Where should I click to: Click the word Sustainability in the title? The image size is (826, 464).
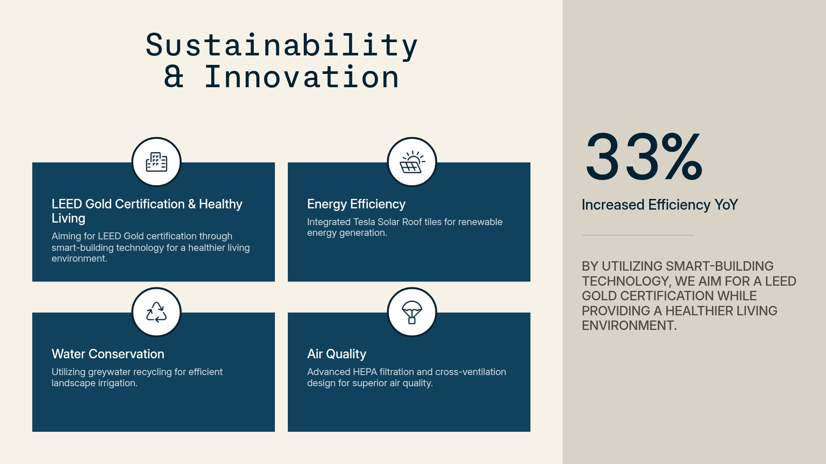point(281,46)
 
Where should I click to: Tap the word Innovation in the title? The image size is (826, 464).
point(302,77)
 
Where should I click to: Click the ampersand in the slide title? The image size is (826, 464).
point(174,77)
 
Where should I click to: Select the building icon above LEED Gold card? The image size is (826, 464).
point(156,162)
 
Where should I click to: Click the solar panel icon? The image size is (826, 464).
point(412,162)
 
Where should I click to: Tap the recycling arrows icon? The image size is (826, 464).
point(156,312)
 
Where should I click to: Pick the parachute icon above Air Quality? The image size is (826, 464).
point(412,312)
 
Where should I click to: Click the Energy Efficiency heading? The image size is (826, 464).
point(356,204)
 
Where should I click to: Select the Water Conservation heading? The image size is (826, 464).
point(108,354)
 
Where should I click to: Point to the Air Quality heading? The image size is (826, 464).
point(336,354)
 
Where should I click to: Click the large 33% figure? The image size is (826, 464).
point(644,158)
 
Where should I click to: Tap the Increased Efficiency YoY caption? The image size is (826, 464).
point(660,205)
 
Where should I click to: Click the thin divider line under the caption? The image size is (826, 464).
point(637,235)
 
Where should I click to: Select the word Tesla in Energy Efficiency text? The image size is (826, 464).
point(364,222)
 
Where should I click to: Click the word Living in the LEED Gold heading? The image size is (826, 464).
point(68,218)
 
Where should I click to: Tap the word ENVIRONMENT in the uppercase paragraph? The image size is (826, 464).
point(629,326)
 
